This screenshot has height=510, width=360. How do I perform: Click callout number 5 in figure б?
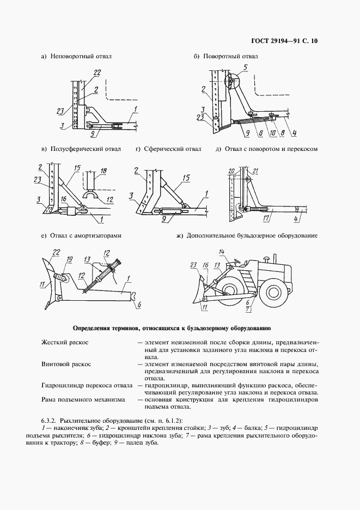245,66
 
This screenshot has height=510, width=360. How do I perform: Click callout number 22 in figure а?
97,72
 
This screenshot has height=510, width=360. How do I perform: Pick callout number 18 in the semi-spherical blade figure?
103,170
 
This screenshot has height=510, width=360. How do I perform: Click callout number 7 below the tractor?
249,309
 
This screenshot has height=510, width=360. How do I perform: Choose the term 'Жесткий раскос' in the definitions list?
65,342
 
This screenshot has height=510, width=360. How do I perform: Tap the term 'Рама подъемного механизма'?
83,399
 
